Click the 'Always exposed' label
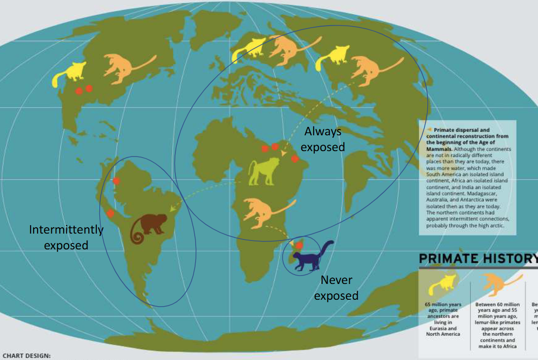coord(323,139)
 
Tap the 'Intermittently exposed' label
coord(66,237)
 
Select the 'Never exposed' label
coord(336,287)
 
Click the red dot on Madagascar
coord(298,245)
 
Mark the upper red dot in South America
coord(116,181)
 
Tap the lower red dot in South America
coord(110,213)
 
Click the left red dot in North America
coord(79,91)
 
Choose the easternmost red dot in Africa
coord(294,159)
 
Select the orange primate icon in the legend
coord(497,285)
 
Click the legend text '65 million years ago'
coord(443,308)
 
